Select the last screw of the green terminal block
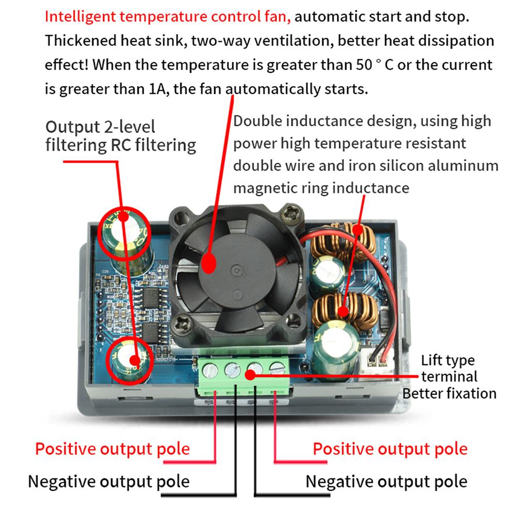277,369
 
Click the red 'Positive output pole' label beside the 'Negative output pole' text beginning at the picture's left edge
112,449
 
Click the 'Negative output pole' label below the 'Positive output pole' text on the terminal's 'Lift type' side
386,482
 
